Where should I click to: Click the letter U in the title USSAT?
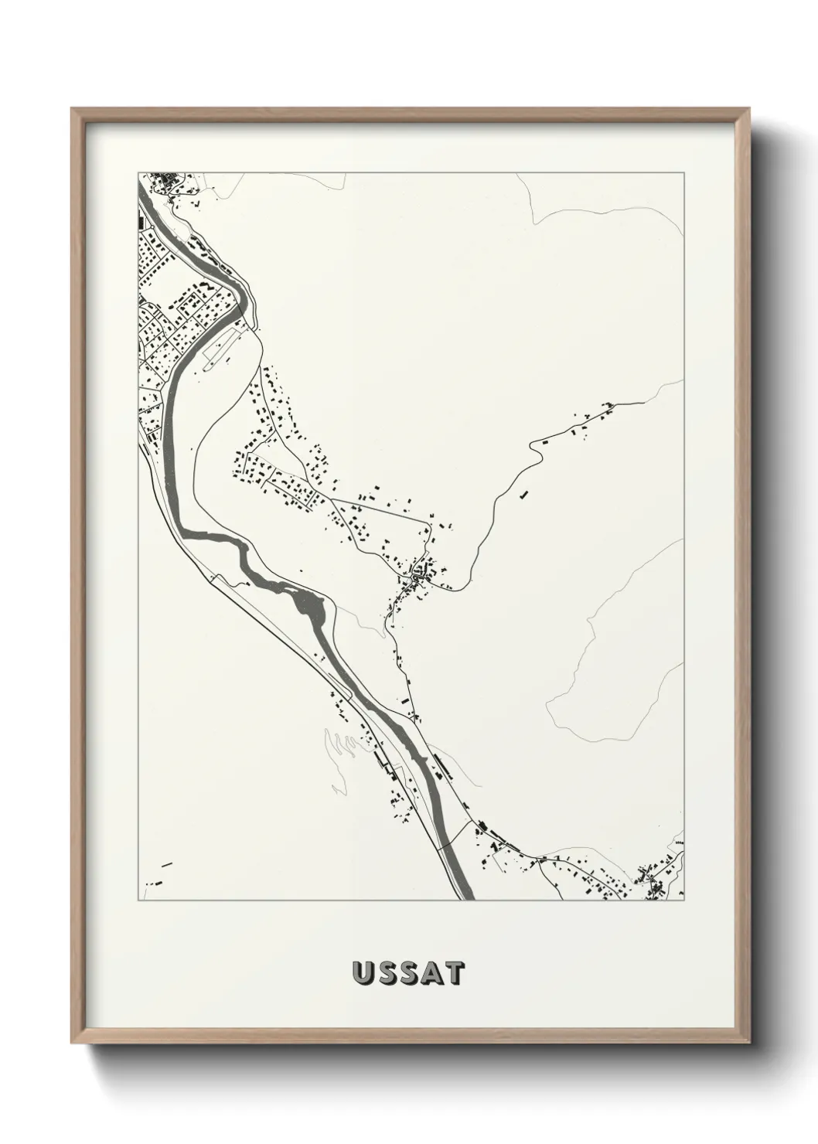pos(363,974)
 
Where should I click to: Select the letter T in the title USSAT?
pos(455,974)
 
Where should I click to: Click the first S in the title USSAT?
pos(385,974)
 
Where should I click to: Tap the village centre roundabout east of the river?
pos(419,576)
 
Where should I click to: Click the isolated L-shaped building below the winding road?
pos(524,492)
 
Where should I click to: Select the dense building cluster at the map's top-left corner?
pos(165,182)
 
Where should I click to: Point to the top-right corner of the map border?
pos(683,173)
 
